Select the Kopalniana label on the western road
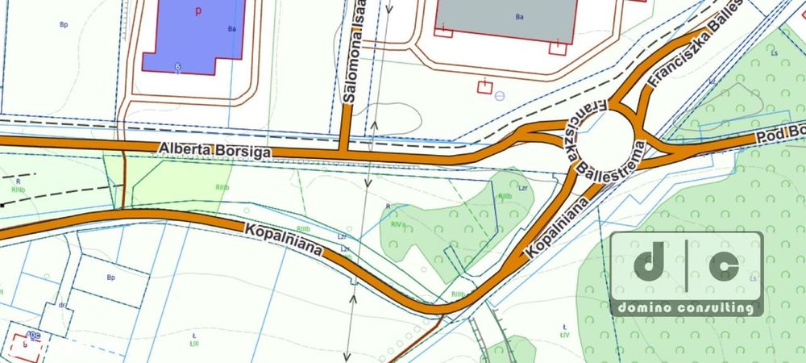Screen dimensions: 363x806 [x=284, y=239]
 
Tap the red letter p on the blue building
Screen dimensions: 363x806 [x=196, y=11]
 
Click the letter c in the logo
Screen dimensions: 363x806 [x=724, y=265]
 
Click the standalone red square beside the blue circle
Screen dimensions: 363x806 [x=484, y=86]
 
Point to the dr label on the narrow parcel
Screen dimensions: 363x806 [x=61, y=306]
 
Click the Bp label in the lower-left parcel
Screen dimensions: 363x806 [x=111, y=277]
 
